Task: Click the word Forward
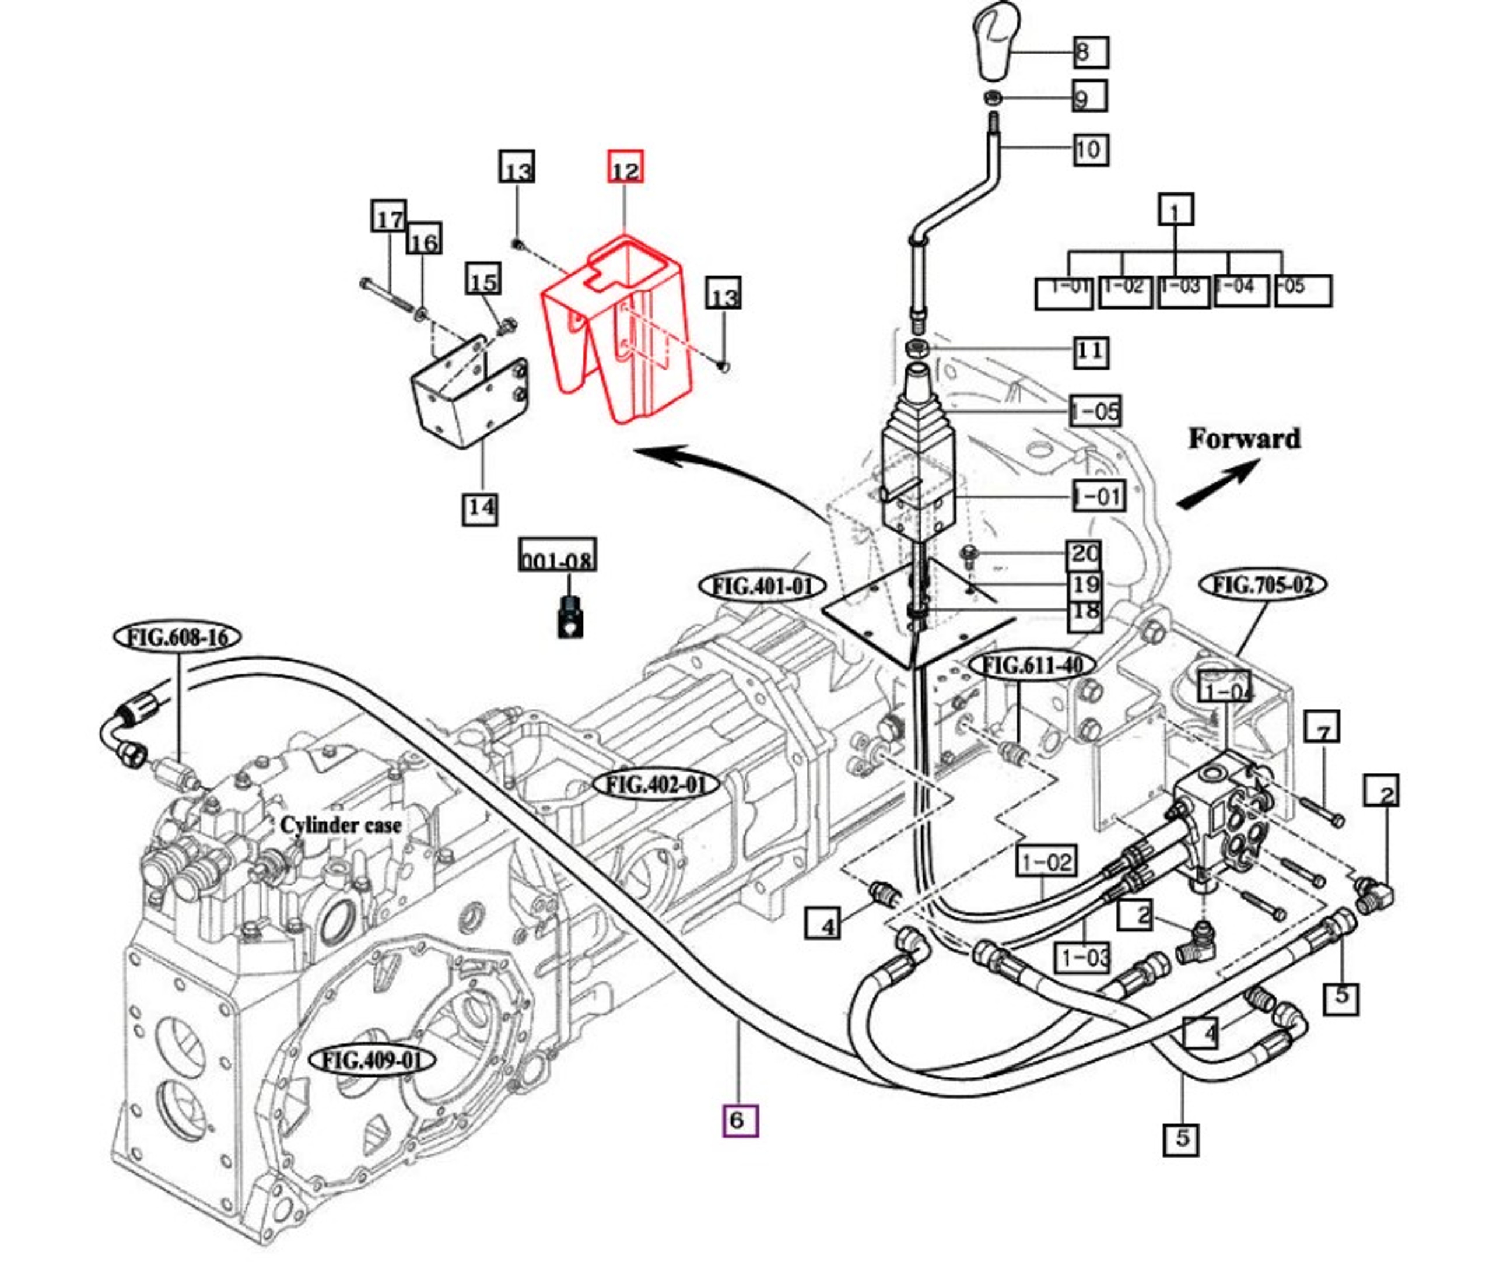[x=1243, y=439]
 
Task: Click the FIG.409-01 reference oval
[x=372, y=1060]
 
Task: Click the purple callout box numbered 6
[x=739, y=1120]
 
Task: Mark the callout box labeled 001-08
[x=558, y=556]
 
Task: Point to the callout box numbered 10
[x=1090, y=149]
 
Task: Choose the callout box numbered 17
[x=389, y=217]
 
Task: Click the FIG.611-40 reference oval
[x=1032, y=665]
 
